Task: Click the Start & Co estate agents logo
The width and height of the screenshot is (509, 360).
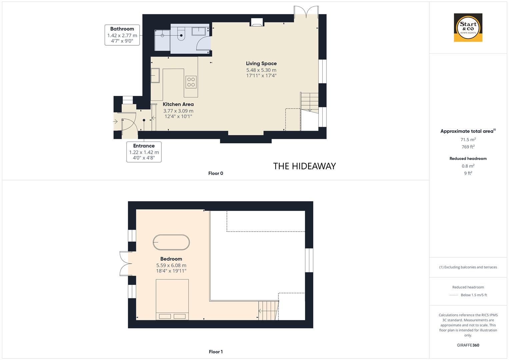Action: (x=468, y=28)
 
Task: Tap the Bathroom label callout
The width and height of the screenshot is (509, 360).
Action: (x=122, y=35)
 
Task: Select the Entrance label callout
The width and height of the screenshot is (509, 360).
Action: (x=144, y=152)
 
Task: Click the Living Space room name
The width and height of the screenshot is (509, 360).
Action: (x=261, y=63)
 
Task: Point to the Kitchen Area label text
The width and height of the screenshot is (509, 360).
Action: (x=178, y=104)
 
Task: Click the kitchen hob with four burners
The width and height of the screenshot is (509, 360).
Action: (x=191, y=82)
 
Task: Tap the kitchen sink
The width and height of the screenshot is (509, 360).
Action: (x=155, y=75)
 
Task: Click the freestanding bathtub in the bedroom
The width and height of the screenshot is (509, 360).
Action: (x=171, y=242)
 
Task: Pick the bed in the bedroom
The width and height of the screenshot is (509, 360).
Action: (x=172, y=299)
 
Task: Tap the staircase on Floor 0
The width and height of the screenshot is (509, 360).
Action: (x=310, y=102)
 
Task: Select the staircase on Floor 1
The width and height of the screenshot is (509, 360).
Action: (x=268, y=310)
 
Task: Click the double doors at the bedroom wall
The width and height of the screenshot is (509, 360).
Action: (x=124, y=263)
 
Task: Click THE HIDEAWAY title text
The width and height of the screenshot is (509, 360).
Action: (x=304, y=166)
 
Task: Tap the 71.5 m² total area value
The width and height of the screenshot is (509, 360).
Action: (x=468, y=140)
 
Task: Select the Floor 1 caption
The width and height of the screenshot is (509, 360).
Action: (x=216, y=352)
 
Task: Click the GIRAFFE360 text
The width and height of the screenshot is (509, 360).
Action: (x=468, y=345)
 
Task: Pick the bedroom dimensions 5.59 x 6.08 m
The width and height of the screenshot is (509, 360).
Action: (x=171, y=265)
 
